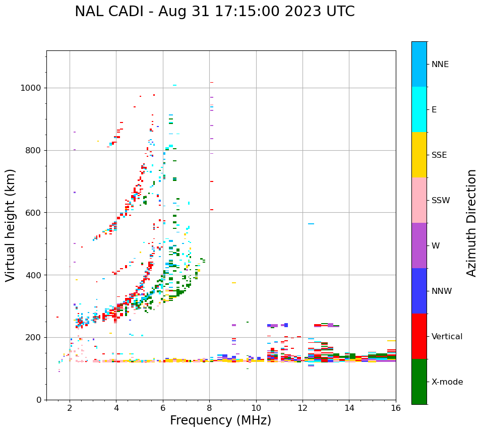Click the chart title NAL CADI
[112, 12]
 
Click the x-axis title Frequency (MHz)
[220, 420]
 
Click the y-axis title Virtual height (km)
[11, 225]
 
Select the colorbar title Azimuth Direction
[471, 223]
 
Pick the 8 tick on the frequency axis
[209, 408]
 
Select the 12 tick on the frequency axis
[303, 408]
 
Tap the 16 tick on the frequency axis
[396, 408]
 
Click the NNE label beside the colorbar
[440, 65]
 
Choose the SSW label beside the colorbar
[441, 201]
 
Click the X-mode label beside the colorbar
[447, 382]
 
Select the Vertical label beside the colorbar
[447, 337]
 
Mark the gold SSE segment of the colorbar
[419, 155]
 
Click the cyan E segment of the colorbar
[419, 109]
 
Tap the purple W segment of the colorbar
[419, 245]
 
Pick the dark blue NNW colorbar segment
[419, 291]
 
